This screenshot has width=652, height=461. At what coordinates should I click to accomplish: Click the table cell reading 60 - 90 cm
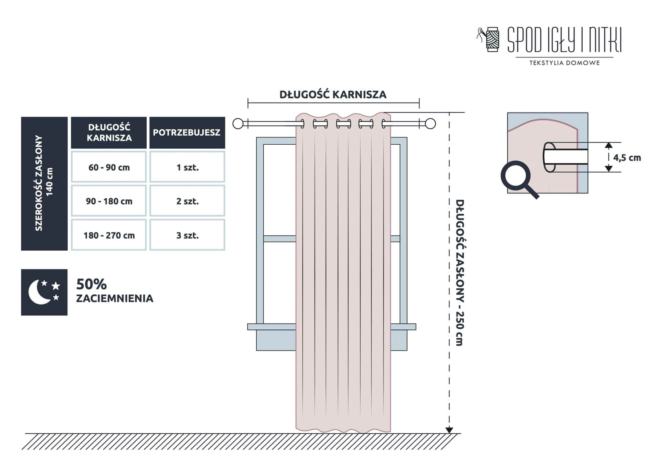click(109, 167)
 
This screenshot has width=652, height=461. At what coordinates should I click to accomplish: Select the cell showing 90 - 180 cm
click(109, 201)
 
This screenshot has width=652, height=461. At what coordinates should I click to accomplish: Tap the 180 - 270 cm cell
click(109, 235)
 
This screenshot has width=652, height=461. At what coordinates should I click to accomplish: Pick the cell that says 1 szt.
click(187, 167)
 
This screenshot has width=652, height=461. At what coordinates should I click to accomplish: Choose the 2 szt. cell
click(187, 201)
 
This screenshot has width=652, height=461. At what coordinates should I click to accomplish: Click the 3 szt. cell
click(187, 235)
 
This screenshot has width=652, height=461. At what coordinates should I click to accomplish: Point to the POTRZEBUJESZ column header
click(187, 132)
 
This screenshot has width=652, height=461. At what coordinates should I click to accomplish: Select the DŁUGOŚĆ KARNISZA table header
click(109, 132)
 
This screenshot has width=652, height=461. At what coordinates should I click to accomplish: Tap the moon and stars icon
click(44, 292)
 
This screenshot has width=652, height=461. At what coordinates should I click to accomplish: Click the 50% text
click(92, 284)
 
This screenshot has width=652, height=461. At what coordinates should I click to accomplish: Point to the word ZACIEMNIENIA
click(115, 298)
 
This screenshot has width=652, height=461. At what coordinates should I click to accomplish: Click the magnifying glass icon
click(518, 179)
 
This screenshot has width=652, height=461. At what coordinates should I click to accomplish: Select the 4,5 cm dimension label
click(627, 158)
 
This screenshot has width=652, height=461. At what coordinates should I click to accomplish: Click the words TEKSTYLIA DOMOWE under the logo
click(564, 63)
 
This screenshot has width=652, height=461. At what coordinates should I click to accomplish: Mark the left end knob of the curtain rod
click(238, 124)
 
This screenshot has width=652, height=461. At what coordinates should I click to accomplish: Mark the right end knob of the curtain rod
click(430, 124)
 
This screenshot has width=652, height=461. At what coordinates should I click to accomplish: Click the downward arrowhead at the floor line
click(449, 430)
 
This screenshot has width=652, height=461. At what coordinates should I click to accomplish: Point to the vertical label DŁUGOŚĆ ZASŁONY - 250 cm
click(459, 272)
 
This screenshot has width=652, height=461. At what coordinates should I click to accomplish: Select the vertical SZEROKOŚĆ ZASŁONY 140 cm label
click(44, 183)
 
